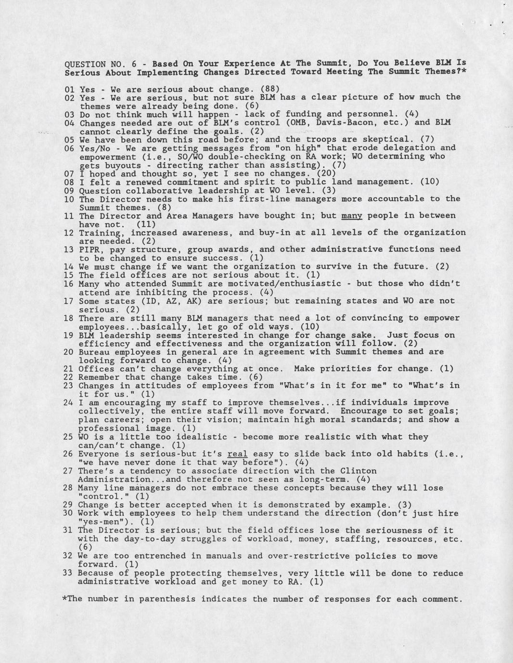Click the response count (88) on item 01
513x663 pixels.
coord(270,89)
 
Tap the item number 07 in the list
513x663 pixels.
coord(69,174)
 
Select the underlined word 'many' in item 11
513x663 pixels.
coord(351,215)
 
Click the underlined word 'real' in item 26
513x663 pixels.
coord(237,454)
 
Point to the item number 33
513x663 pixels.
coord(68,573)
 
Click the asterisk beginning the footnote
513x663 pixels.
coord(65,599)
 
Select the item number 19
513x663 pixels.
coord(68,335)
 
